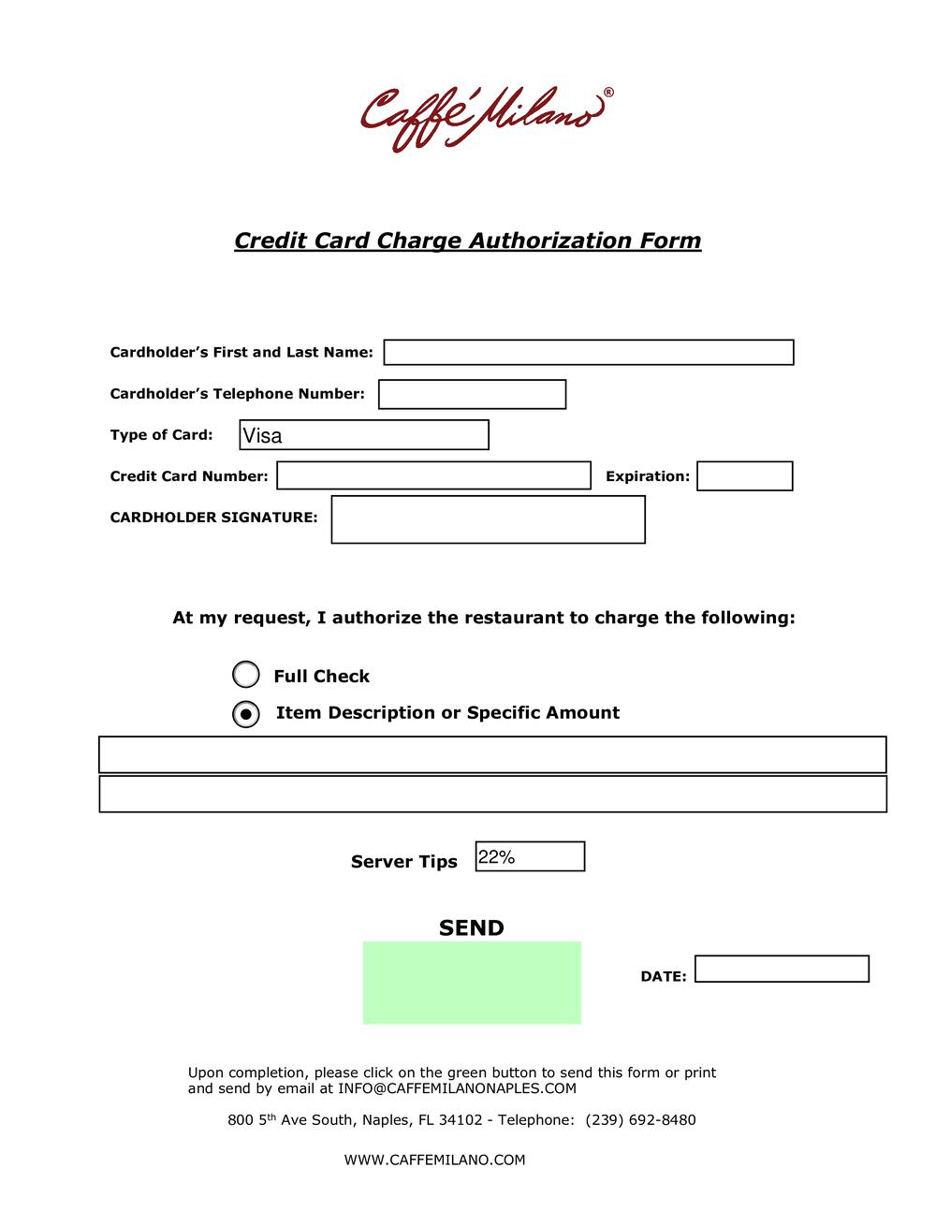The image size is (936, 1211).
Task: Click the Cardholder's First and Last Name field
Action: point(588,353)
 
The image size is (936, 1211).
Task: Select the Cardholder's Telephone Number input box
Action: point(472,394)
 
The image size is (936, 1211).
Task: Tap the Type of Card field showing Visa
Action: point(364,435)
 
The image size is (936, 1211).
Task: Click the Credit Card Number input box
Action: point(433,475)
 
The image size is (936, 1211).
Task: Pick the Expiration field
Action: point(744,476)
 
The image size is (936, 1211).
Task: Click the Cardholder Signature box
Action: point(488,519)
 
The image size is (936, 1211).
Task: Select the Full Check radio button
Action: point(245,675)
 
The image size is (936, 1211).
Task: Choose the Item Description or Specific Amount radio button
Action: point(245,714)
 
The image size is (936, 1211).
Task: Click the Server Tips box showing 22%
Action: point(530,856)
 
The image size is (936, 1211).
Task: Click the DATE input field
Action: point(782,969)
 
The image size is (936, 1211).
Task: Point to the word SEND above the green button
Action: point(471,927)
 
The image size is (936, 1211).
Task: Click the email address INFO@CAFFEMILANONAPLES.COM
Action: point(457,1088)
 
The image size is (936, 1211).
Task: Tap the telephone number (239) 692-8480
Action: point(640,1120)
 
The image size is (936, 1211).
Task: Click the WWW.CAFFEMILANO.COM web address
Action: point(434,1160)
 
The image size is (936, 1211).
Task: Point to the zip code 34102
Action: point(460,1120)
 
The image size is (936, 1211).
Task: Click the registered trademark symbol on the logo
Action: point(608,93)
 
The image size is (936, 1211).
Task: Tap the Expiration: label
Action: point(647,476)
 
